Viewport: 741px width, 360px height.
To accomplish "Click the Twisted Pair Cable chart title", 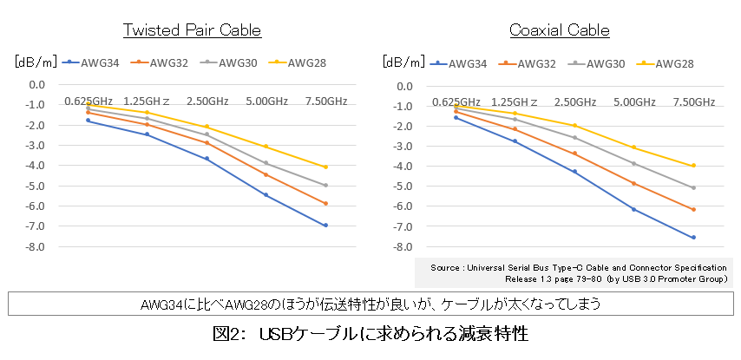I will (192, 30).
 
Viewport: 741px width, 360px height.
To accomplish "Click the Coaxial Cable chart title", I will (560, 30).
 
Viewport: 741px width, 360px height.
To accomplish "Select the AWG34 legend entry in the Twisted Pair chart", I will (95, 62).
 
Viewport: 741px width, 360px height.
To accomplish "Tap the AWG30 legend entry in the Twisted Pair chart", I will (233, 62).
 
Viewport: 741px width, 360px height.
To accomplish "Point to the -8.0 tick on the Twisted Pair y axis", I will (36, 246).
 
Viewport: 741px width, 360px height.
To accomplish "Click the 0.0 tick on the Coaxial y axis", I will (404, 84).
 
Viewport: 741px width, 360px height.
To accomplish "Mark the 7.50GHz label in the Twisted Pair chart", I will (325, 101).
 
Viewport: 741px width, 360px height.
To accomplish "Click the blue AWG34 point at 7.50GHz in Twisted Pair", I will (325, 226).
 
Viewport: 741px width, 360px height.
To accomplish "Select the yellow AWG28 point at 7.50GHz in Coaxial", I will (693, 166).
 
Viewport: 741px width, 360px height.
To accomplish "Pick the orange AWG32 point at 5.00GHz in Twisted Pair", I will (266, 174).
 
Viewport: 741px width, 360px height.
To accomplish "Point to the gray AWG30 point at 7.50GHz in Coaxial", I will (693, 187).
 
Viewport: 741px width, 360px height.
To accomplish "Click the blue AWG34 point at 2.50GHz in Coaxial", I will (574, 172).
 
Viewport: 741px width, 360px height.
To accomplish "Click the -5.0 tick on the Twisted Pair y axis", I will (36, 186).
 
